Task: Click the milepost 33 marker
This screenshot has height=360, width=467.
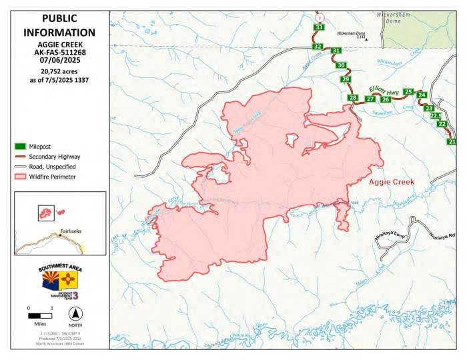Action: [x=319, y=27]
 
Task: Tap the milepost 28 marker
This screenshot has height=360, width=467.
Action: [x=353, y=98]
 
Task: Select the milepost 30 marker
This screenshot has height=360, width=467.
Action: [x=341, y=65]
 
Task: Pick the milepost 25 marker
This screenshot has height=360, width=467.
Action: [x=409, y=92]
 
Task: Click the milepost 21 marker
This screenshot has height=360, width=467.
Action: [x=452, y=142]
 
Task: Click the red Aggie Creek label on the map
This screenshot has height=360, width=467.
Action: [x=391, y=181]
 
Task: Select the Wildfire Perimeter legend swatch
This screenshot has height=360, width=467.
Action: [x=21, y=177]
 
